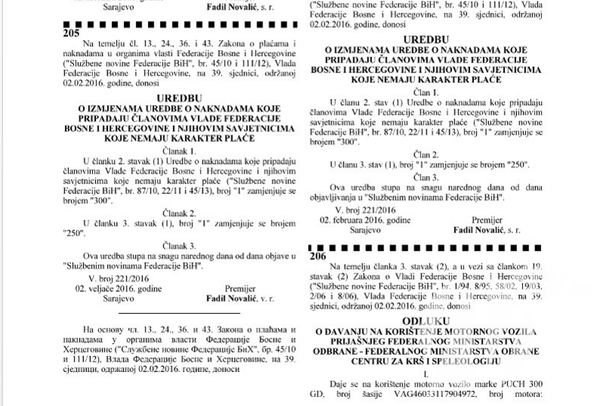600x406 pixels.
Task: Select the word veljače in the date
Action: tap(101, 288)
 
